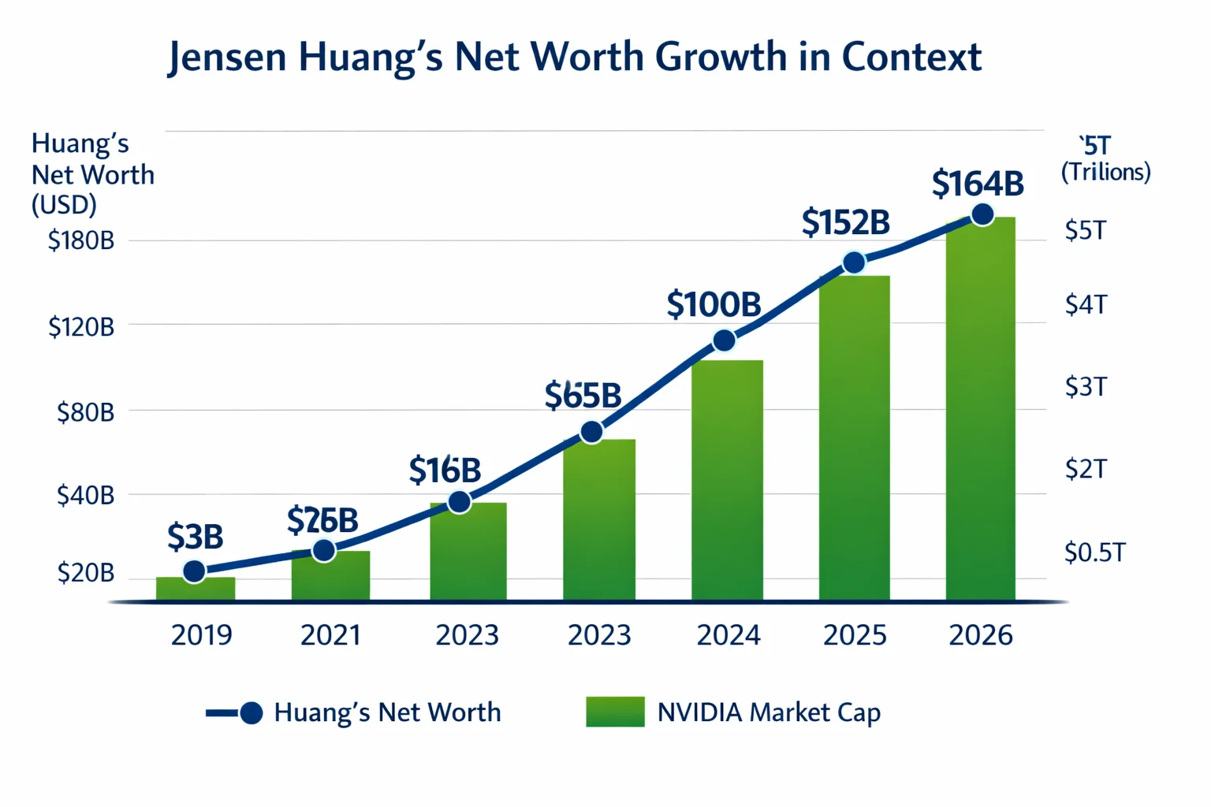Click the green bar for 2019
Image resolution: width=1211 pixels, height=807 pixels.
(196, 589)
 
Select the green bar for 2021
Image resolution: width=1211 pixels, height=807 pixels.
(330, 577)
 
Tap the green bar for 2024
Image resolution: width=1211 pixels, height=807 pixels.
(727, 481)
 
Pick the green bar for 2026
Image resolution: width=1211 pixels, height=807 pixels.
(980, 410)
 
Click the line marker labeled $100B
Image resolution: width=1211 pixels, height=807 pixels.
(724, 340)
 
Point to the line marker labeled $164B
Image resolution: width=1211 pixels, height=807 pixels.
(982, 214)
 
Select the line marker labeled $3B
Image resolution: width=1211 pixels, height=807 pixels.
(194, 571)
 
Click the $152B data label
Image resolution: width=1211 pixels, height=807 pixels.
(845, 223)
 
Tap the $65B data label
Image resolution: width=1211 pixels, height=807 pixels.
(583, 396)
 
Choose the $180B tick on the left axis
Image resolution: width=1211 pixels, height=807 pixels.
(81, 240)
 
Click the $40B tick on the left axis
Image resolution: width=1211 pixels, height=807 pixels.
(85, 496)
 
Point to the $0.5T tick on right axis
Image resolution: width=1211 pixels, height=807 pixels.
(1094, 552)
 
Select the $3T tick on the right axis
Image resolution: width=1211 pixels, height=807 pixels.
(1086, 387)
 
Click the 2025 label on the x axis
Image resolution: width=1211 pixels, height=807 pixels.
(855, 635)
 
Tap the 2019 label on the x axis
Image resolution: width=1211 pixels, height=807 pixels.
(201, 635)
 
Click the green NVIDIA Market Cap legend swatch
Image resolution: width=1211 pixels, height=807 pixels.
(615, 712)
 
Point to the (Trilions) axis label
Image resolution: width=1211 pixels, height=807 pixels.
(1105, 172)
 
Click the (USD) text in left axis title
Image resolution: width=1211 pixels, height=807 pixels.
(64, 205)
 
